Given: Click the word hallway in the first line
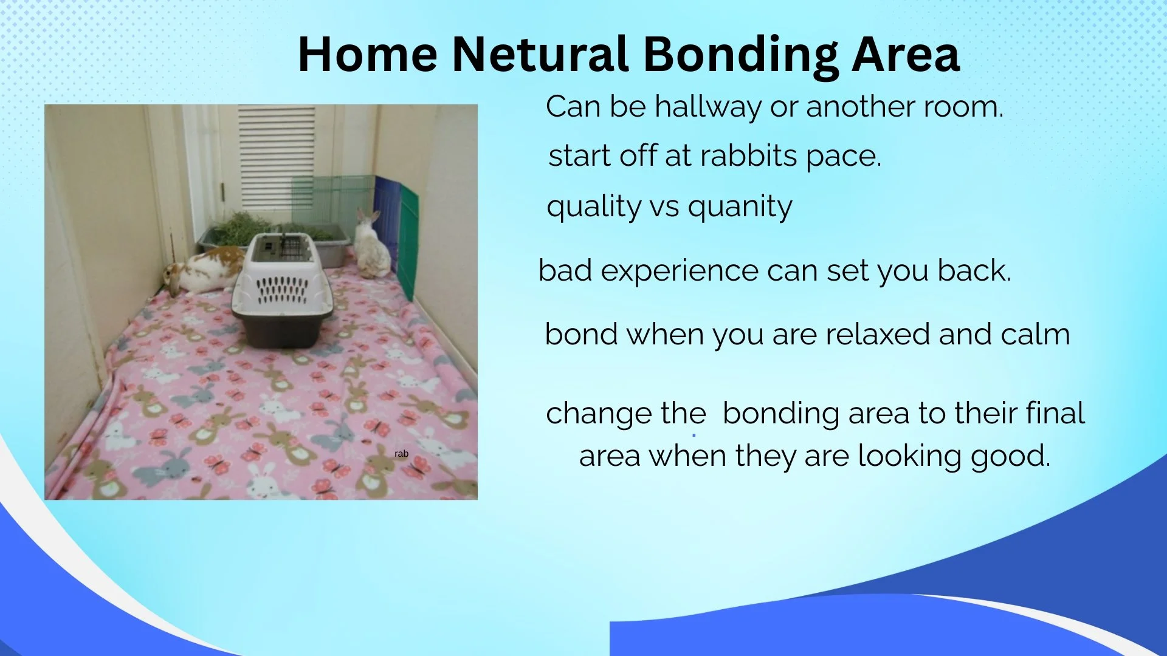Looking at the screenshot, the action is click(707, 108).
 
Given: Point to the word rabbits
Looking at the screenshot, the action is click(748, 156).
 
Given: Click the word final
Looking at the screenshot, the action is click(1055, 413).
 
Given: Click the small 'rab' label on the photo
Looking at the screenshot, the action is click(401, 454).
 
